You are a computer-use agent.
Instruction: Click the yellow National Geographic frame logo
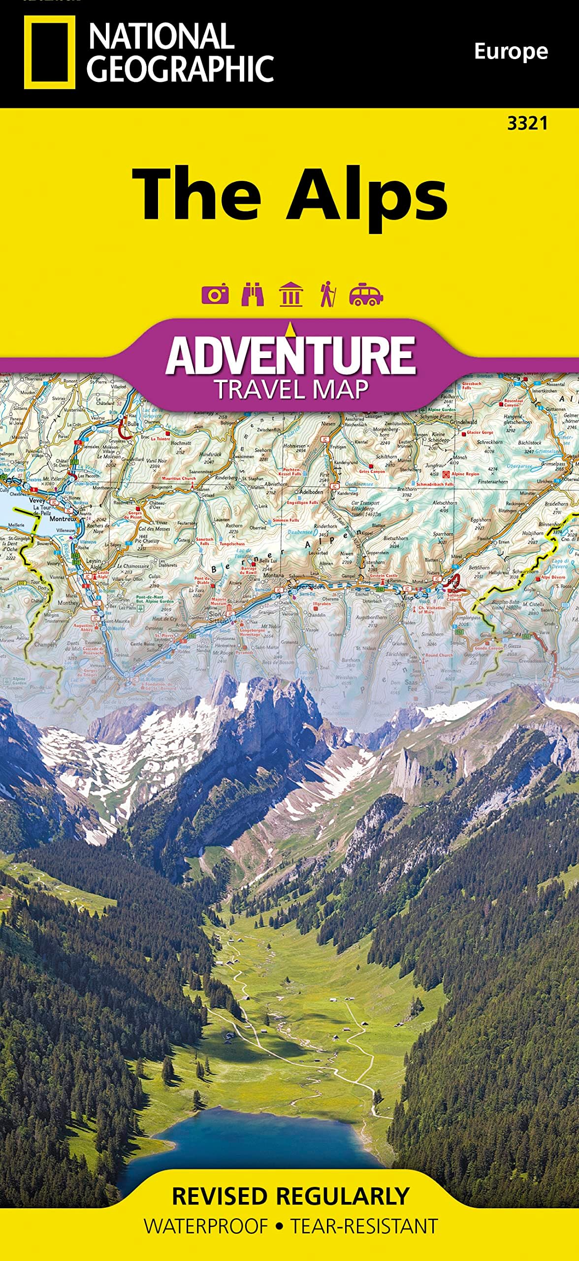49,52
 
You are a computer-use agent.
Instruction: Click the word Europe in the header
511,51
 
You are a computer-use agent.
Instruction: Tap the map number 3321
527,124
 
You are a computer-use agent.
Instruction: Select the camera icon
215,295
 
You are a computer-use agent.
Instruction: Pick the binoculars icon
253,295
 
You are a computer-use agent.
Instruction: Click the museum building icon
290,295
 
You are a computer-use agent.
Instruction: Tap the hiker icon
327,295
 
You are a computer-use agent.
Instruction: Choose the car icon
366,295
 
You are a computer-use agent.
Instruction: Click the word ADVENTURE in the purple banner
290,356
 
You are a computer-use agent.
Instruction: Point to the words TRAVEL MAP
290,390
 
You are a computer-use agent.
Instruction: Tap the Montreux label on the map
63,519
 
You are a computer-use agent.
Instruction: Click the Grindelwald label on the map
463,422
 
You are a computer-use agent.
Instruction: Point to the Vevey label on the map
37,500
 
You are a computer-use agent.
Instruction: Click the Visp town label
408,598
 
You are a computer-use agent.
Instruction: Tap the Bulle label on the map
133,424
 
